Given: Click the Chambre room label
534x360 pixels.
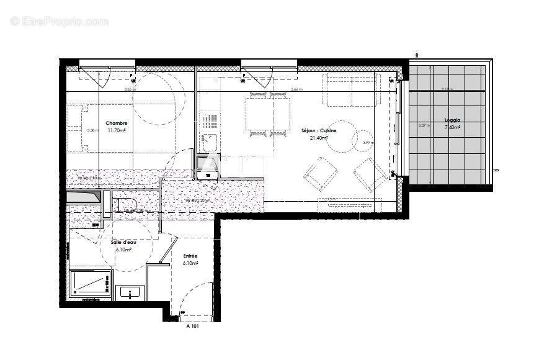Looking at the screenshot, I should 116,123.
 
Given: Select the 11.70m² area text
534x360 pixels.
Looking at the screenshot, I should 117,130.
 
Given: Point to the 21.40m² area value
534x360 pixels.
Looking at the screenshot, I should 319,138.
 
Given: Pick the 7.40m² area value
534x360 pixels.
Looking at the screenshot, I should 453,127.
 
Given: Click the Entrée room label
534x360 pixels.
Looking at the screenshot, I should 190,256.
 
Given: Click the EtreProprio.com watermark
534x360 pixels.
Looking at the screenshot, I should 59,21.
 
